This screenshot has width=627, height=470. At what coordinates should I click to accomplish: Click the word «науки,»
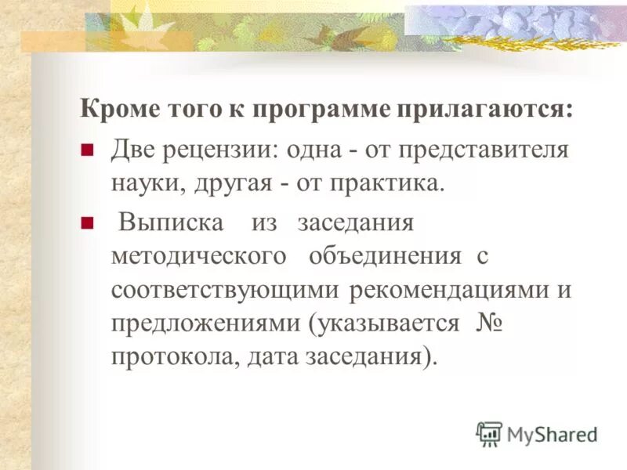[145, 184]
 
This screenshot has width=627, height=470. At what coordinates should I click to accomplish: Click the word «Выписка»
[171, 222]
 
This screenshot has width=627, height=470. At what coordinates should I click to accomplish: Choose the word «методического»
[197, 256]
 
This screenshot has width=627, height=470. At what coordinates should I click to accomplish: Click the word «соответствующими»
[225, 290]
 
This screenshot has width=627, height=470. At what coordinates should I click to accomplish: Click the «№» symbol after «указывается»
[489, 324]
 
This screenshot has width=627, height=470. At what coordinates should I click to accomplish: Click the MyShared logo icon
[490, 433]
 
